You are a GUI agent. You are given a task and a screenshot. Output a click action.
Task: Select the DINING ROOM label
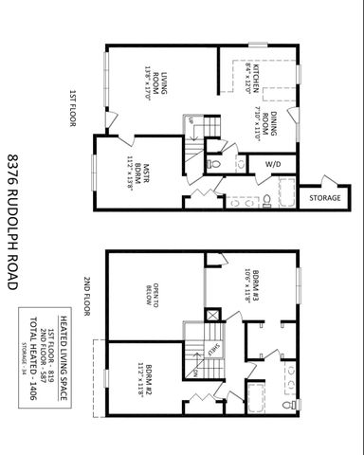[273, 126]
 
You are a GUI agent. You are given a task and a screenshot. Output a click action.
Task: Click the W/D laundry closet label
[273, 164]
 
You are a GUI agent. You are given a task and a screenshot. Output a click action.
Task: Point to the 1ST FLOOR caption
[72, 108]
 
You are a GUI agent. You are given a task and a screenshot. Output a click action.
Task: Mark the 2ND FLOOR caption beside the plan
[85, 296]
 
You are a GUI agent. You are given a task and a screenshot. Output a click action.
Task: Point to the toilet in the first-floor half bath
[213, 166]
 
